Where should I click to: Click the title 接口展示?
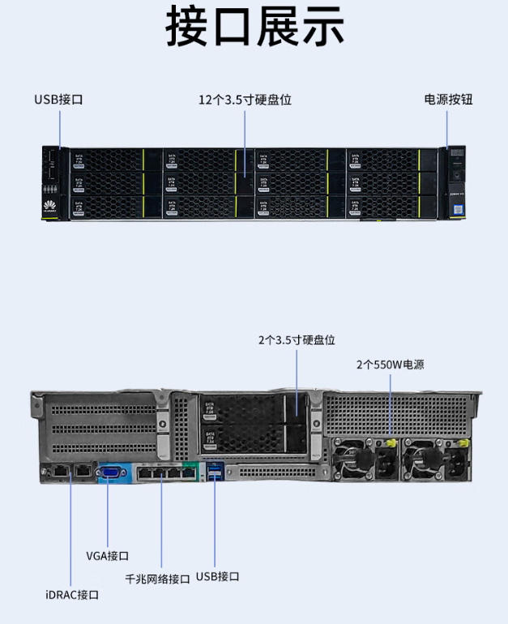click(x=254, y=28)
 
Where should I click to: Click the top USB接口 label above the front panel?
click(x=58, y=100)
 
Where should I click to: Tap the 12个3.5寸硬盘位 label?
click(x=245, y=100)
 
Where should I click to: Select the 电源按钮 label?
click(x=448, y=100)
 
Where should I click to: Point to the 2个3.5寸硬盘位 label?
click(x=297, y=340)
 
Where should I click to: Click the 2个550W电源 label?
click(x=390, y=365)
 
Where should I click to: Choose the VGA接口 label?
click(x=107, y=556)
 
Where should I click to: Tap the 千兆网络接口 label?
click(x=158, y=579)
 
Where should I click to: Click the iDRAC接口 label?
click(x=72, y=595)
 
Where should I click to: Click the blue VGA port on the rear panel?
click(x=109, y=472)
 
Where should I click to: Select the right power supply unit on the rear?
click(x=438, y=460)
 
